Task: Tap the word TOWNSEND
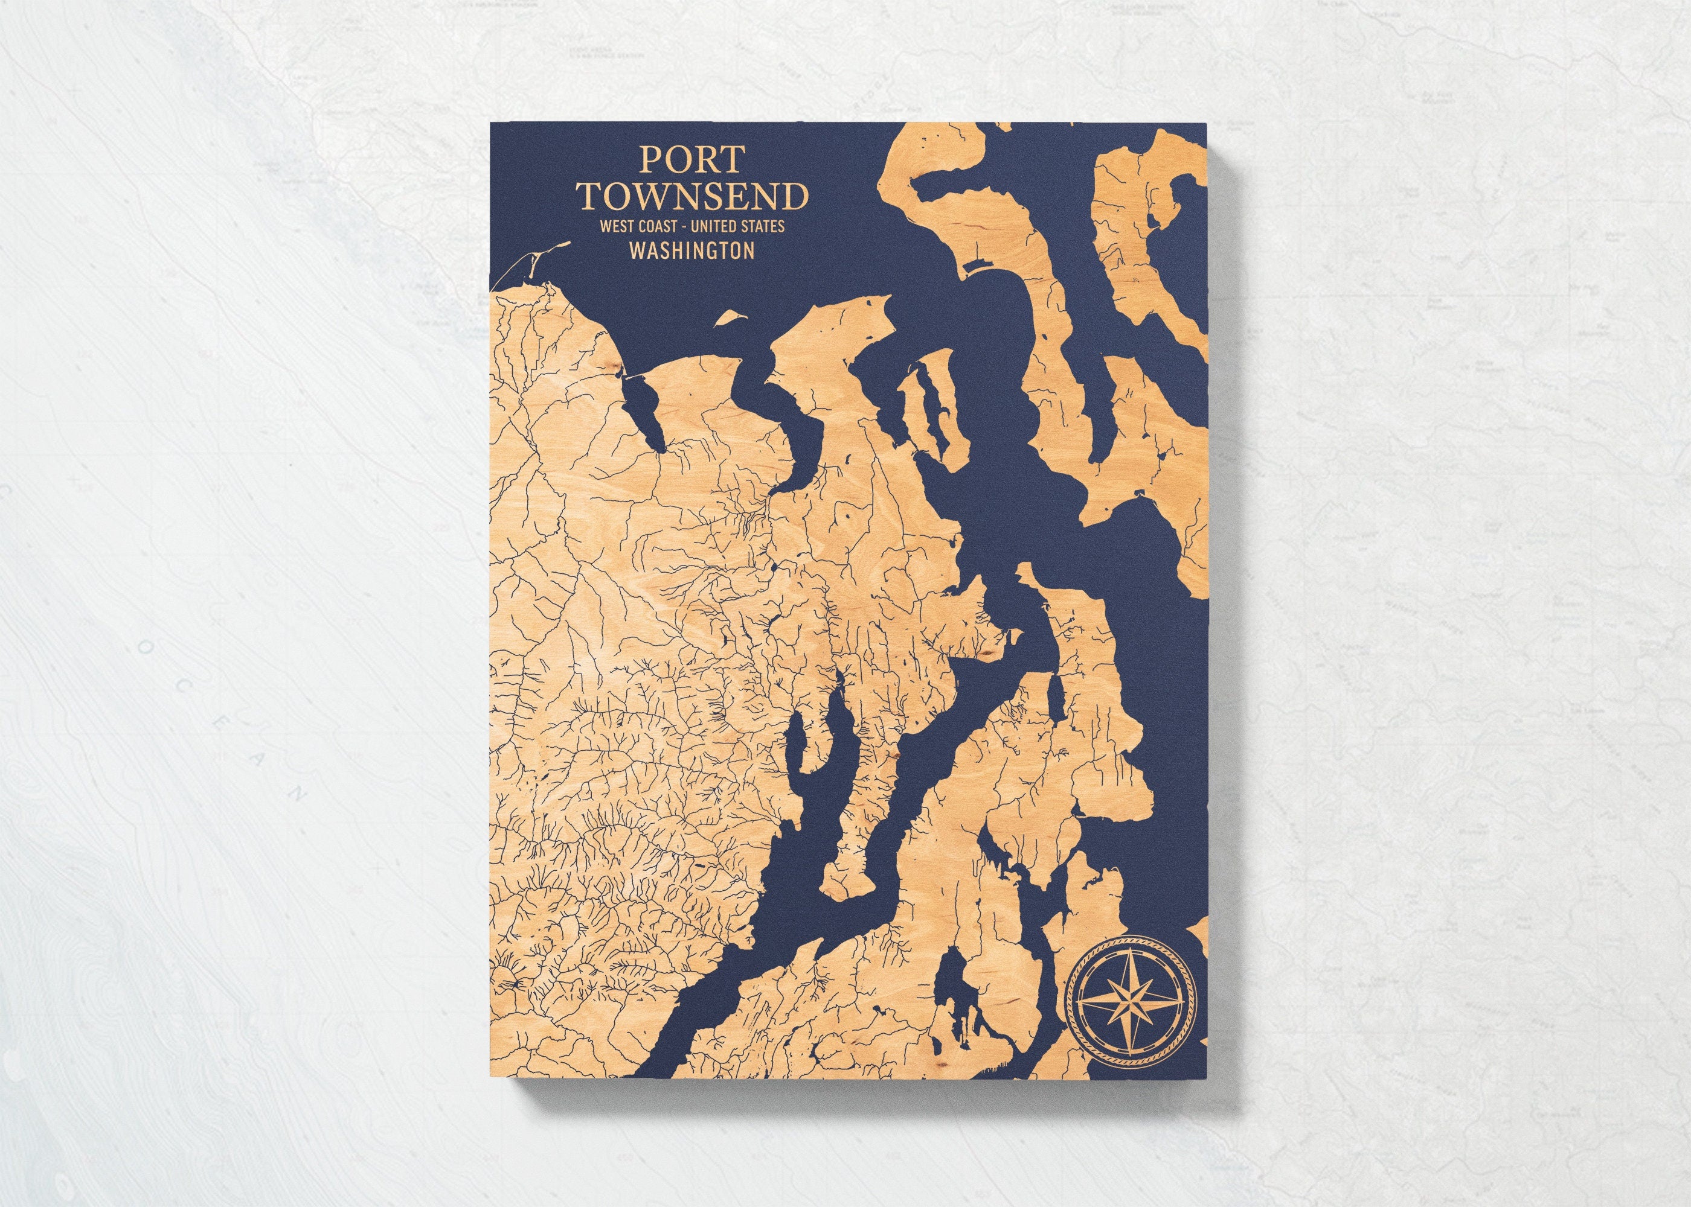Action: pos(694,197)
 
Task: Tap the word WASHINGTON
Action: pos(692,251)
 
